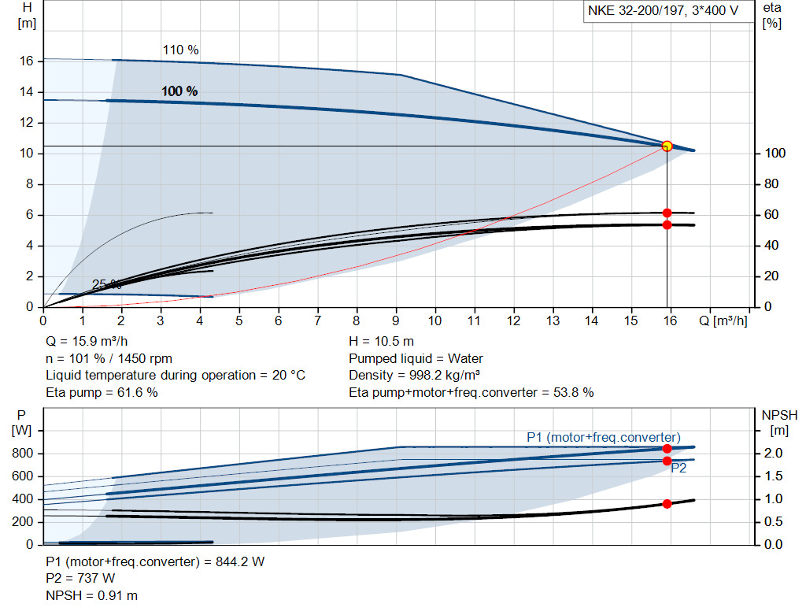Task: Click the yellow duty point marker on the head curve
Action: click(x=667, y=146)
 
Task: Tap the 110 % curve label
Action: click(x=180, y=50)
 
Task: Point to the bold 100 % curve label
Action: click(x=179, y=91)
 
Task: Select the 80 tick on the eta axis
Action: click(x=772, y=184)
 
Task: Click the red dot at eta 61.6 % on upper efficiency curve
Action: click(x=667, y=213)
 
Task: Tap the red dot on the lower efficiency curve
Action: click(x=667, y=224)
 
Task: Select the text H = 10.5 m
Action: click(x=381, y=342)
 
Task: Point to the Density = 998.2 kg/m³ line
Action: click(x=416, y=375)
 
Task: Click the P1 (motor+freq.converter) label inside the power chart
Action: click(x=603, y=437)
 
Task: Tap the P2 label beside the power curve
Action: click(x=679, y=468)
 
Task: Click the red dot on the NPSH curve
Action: click(x=667, y=503)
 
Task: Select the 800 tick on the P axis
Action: click(x=23, y=454)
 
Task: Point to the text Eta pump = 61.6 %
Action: click(x=102, y=392)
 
